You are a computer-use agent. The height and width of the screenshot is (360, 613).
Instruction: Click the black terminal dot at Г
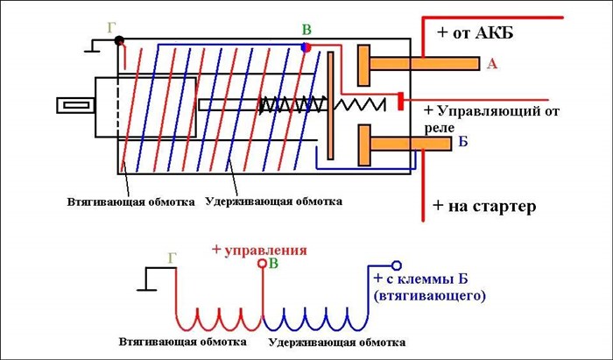(x=119, y=39)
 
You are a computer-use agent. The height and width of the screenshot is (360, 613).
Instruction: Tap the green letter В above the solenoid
(x=306, y=32)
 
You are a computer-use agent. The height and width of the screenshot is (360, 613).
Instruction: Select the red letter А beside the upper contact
(x=491, y=64)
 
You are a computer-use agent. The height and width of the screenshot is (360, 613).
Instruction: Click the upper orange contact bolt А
(x=419, y=63)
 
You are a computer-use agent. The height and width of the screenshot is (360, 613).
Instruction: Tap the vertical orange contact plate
(x=330, y=105)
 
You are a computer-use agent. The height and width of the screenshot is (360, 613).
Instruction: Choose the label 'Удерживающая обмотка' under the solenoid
(x=273, y=201)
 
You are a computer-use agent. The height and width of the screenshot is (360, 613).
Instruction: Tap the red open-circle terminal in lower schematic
(x=260, y=263)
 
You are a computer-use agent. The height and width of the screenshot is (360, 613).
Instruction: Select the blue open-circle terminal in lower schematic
(x=396, y=265)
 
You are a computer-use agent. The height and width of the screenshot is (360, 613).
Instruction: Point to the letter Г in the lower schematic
(x=173, y=258)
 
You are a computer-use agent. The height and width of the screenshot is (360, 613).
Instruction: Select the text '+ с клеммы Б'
(x=425, y=280)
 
